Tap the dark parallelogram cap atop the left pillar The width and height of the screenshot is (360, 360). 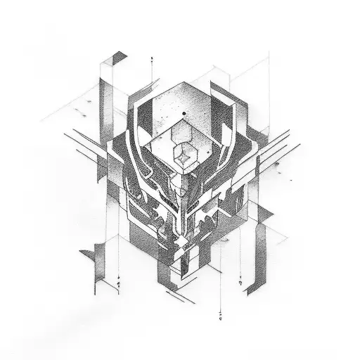click(120, 57)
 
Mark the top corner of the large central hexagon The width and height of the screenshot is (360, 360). click(181, 84)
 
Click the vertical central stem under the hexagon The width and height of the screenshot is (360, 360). click(185, 211)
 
